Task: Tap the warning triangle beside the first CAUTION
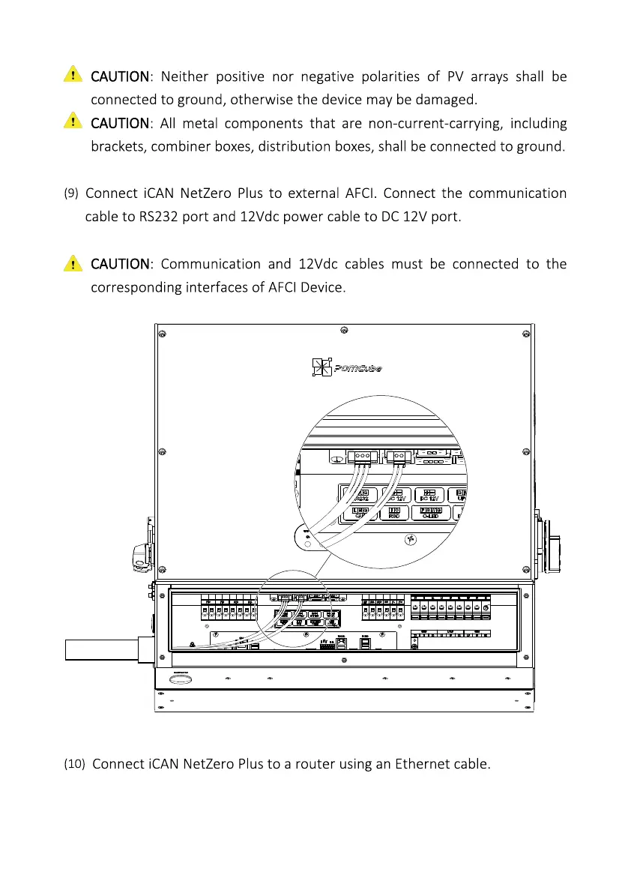point(72,75)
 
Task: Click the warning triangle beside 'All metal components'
point(72,121)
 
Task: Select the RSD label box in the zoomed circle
point(394,514)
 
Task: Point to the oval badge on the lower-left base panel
point(180,680)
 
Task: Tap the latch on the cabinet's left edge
point(140,556)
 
